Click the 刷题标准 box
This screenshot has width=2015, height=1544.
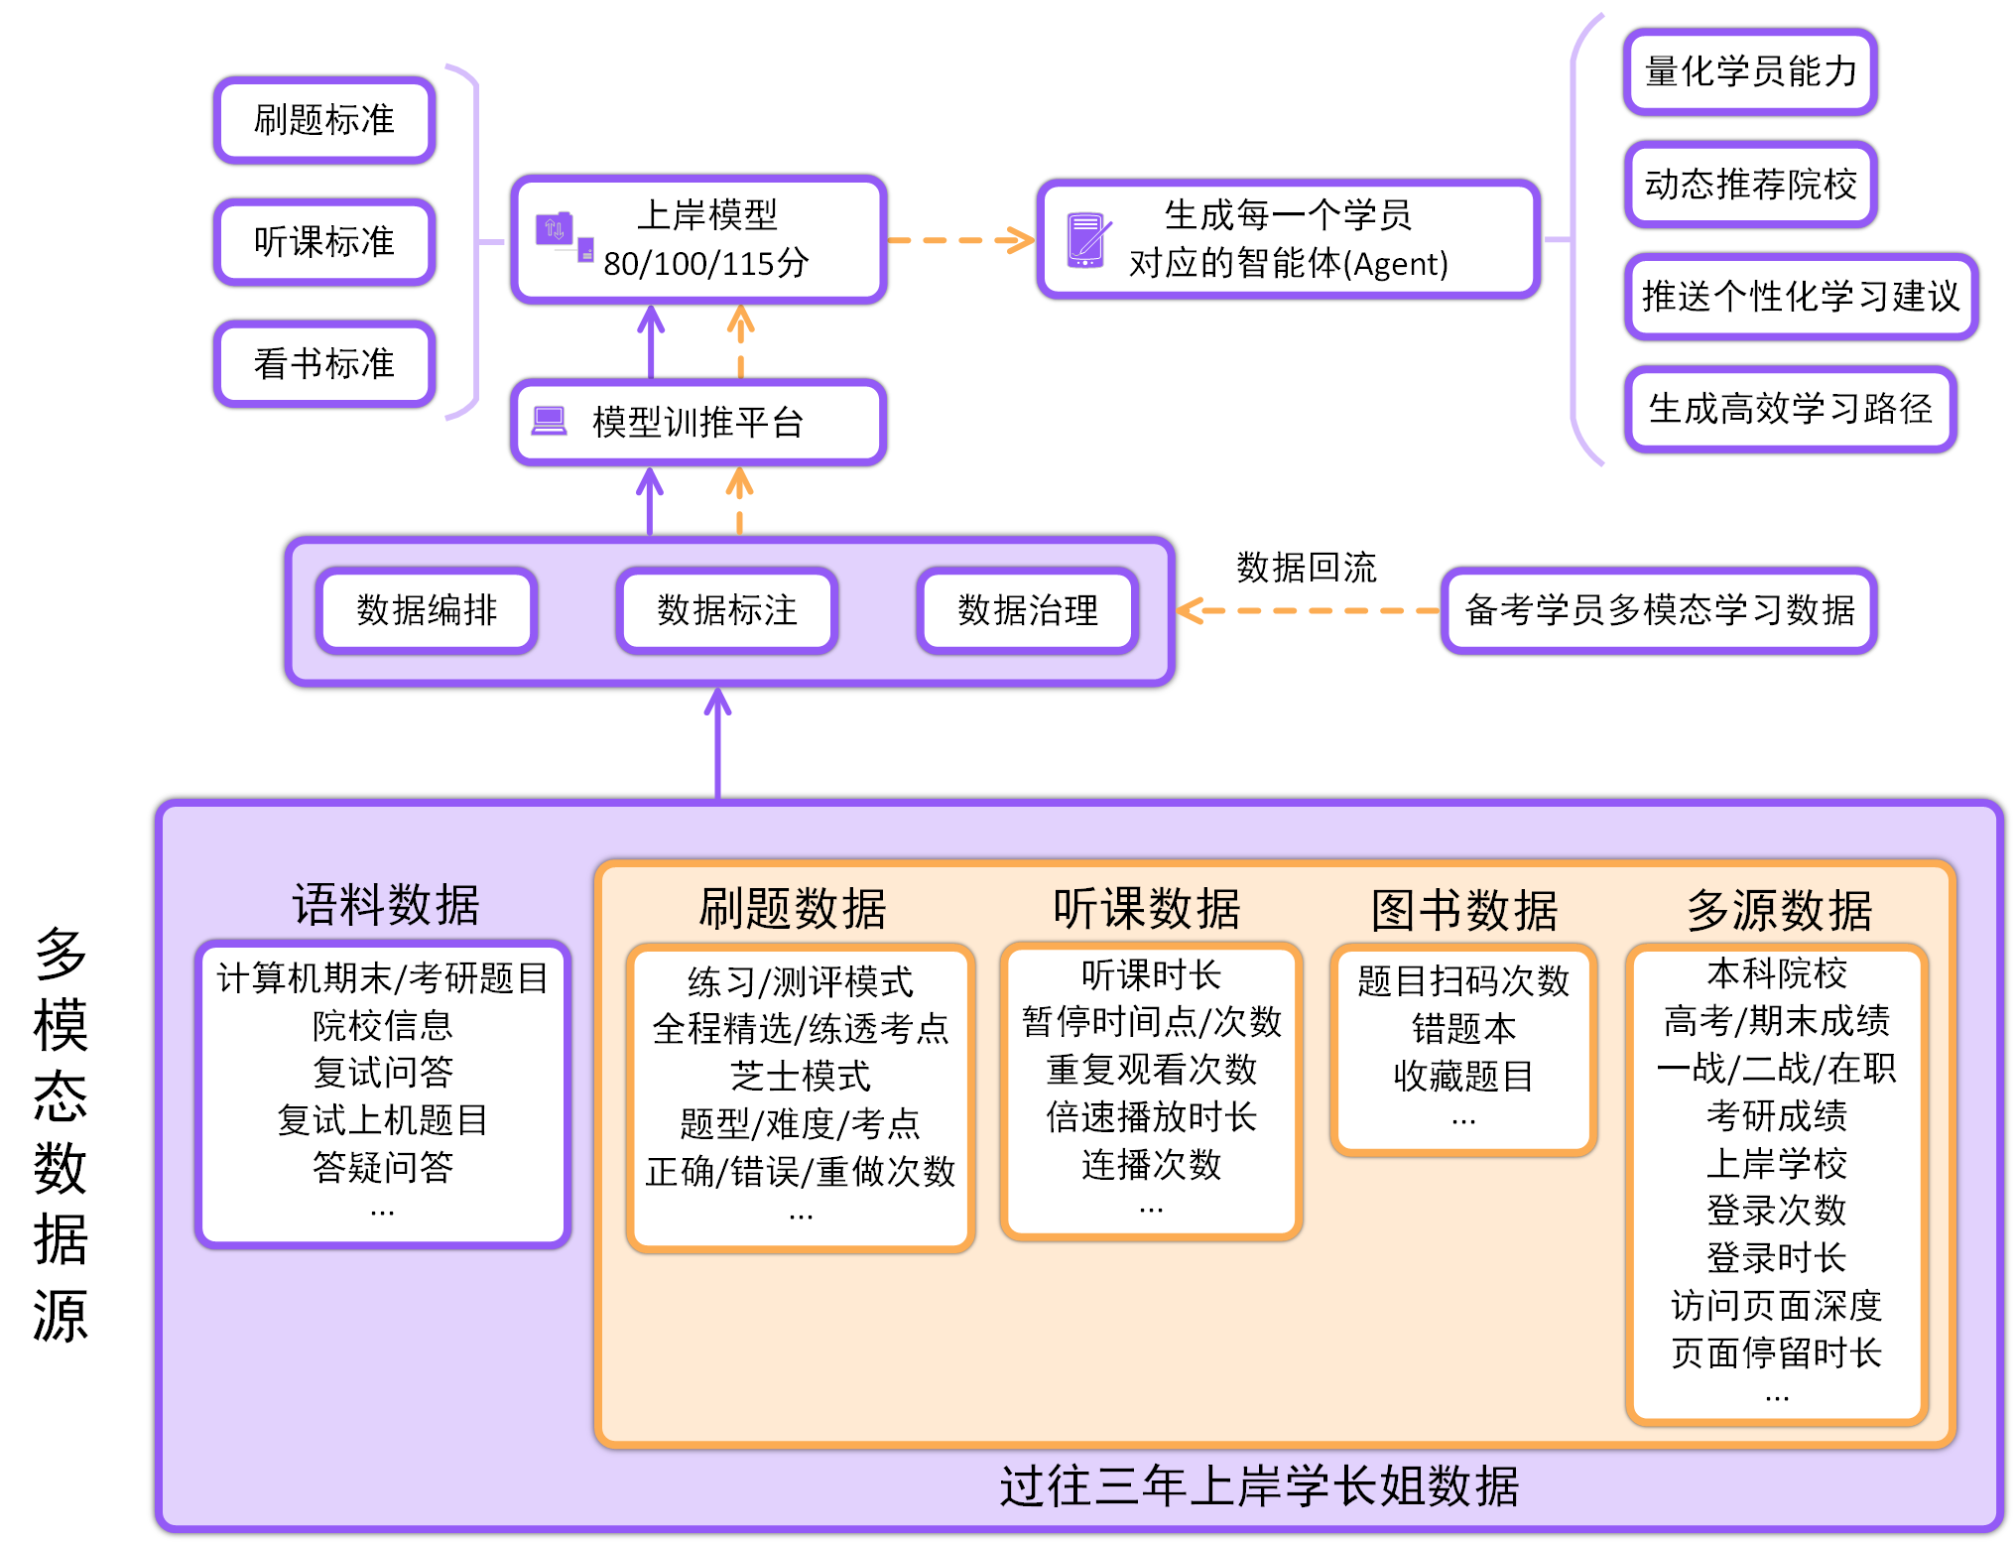coord(324,120)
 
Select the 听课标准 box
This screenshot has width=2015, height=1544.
coord(324,242)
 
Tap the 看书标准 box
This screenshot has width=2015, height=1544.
coord(324,364)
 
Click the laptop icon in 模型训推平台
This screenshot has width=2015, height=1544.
coord(549,421)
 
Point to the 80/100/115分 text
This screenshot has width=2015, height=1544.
coord(705,264)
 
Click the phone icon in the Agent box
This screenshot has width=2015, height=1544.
coord(1085,240)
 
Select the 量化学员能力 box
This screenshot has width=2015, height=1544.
coord(1750,71)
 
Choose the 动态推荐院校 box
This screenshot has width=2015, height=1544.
coord(1750,185)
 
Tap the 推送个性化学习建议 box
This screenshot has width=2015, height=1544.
coord(1801,297)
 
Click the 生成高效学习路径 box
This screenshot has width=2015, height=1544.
coord(1790,409)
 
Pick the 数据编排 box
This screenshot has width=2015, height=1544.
coord(427,610)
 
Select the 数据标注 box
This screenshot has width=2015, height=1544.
coord(727,610)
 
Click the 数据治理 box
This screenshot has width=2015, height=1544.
coord(1028,610)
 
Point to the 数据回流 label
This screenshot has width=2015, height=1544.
coord(1306,568)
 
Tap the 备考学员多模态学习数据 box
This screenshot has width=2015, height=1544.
coord(1659,610)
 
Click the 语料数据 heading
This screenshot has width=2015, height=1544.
coord(385,905)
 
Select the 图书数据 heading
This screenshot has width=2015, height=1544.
coord(1464,910)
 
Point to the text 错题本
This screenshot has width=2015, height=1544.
coord(1463,1029)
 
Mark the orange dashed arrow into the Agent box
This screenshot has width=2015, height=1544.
coord(960,240)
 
